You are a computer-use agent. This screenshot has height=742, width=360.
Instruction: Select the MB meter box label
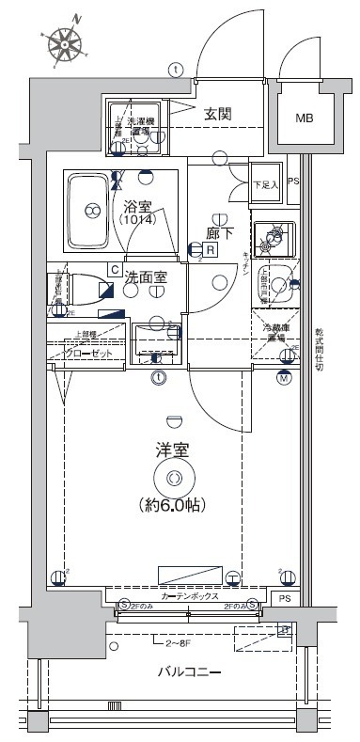[x=305, y=118]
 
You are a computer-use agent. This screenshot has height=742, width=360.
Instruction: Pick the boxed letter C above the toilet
[x=113, y=270]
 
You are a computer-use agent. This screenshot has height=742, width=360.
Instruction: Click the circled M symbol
[x=310, y=378]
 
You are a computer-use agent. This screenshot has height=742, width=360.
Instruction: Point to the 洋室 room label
[x=173, y=451]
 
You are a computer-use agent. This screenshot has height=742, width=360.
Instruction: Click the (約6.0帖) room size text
[x=172, y=504]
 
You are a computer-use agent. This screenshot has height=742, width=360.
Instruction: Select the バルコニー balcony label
[x=189, y=672]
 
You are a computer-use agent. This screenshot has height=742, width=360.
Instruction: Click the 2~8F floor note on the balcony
[x=178, y=645]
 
